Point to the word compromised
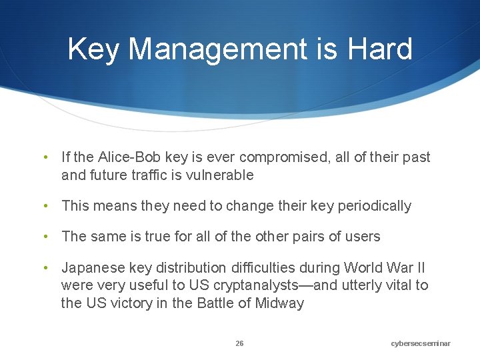(x=282, y=157)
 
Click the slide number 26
(x=239, y=343)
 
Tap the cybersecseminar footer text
(x=421, y=343)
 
